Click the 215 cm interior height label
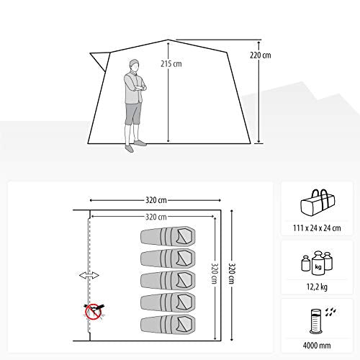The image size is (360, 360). [171, 64]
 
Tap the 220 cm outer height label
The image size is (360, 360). [261, 55]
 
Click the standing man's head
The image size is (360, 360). [134, 65]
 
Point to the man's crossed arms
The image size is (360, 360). [139, 87]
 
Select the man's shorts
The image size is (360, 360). [133, 113]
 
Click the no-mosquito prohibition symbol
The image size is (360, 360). [94, 310]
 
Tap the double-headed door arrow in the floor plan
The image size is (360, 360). [89, 275]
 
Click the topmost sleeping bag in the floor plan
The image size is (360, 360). [168, 236]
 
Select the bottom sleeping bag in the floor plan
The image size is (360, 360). [168, 324]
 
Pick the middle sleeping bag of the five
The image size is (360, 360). [168, 280]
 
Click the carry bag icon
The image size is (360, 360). [318, 203]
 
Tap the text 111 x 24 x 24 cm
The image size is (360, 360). [317, 228]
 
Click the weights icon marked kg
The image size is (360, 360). [317, 263]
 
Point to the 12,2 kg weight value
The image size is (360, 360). [317, 287]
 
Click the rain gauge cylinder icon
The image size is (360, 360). [315, 321]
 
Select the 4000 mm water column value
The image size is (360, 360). [317, 346]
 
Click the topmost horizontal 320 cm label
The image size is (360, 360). [156, 200]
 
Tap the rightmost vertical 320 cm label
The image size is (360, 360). [232, 274]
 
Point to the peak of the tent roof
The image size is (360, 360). [168, 40]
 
